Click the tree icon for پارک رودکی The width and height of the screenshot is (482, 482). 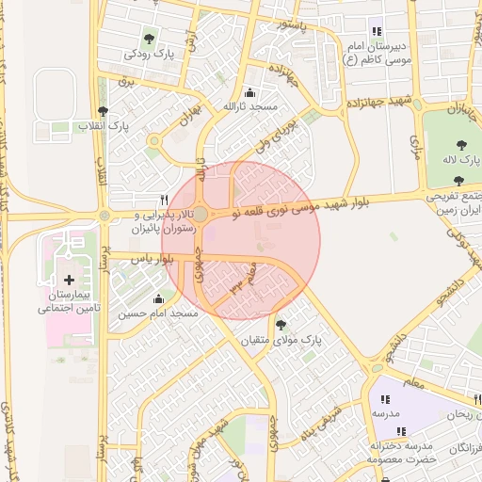[149, 39]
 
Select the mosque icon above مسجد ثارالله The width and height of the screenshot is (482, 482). [249, 92]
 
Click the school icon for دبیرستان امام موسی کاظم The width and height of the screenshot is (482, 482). [377, 31]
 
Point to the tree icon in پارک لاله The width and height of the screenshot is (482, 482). [460, 144]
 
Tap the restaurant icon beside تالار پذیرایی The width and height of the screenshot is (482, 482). [166, 200]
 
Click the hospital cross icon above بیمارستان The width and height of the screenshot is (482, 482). [69, 280]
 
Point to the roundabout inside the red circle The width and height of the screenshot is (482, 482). [200, 214]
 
